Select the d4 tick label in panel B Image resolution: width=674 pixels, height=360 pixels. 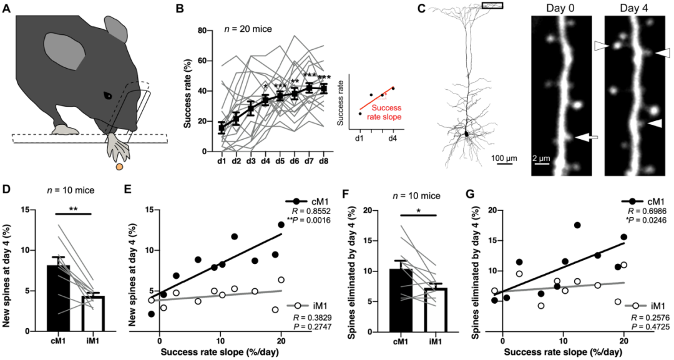(x=265, y=161)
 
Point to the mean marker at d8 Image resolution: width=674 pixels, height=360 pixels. (x=323, y=89)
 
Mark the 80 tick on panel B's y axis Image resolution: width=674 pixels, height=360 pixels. (x=200, y=30)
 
